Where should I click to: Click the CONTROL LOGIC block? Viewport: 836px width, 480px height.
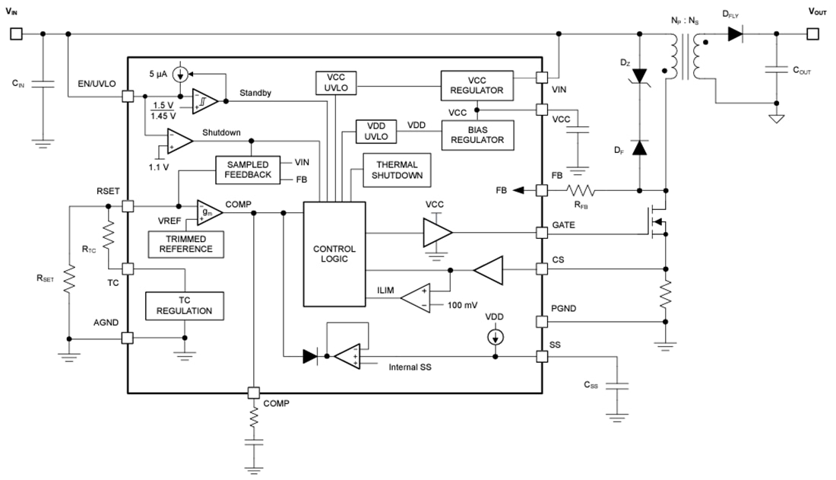point(334,254)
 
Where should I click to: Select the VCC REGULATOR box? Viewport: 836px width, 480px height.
point(477,84)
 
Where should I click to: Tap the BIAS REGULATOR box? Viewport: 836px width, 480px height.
point(477,135)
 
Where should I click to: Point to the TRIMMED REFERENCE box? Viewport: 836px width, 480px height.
point(185,243)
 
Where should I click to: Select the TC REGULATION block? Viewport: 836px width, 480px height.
point(185,306)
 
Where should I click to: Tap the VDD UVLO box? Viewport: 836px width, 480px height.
point(376,131)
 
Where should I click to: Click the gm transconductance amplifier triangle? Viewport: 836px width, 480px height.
point(208,212)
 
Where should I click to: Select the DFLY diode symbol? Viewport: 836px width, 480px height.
point(734,33)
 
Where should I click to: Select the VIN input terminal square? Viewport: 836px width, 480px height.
point(16,33)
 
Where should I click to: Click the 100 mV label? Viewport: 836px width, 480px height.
point(461,305)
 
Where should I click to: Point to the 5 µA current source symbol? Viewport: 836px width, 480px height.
point(180,74)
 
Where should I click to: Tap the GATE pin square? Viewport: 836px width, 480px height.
point(541,232)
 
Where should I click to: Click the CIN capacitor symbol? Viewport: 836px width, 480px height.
point(43,84)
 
